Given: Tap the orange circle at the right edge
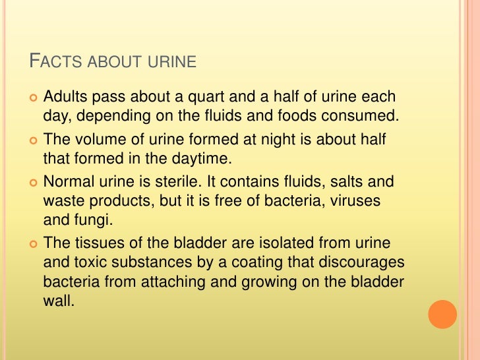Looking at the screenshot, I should coord(442,315).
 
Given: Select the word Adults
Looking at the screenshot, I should coord(64,98).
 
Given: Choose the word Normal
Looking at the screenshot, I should coord(67,181).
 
